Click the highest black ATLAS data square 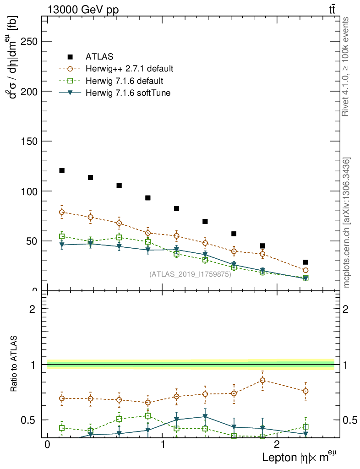click(x=62, y=170)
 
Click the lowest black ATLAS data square click(x=305, y=262)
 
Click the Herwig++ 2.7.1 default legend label click(x=129, y=69)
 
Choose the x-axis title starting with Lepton click(x=302, y=457)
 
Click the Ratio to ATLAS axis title click(x=15, y=364)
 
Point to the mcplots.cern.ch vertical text click(x=347, y=223)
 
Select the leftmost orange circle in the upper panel click(x=62, y=212)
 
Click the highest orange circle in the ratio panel click(x=262, y=380)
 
